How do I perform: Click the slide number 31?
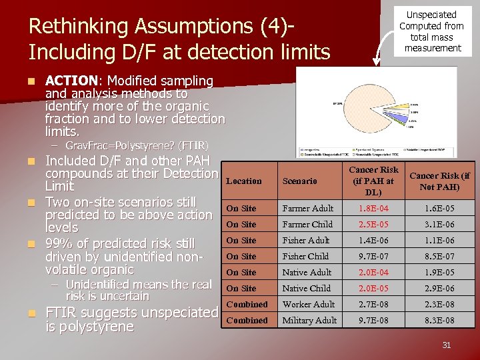[x=447, y=345]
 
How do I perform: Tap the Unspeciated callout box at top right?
[x=432, y=31]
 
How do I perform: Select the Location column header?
[x=244, y=181]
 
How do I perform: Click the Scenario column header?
[x=299, y=181]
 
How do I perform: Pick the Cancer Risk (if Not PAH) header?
[x=439, y=181]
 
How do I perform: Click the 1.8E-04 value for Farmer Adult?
[x=374, y=209]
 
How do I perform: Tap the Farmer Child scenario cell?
[x=307, y=225]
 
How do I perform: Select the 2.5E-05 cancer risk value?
[x=374, y=225]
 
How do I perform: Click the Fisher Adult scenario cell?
[x=306, y=241]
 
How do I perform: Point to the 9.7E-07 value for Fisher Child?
[x=374, y=257]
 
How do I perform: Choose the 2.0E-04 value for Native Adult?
[x=374, y=273]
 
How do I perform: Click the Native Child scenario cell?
[x=306, y=289]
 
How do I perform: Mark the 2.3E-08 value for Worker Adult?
[x=441, y=305]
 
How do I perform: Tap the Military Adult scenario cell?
[x=309, y=321]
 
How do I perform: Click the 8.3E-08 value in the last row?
[x=441, y=321]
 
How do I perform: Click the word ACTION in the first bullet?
[x=73, y=81]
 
